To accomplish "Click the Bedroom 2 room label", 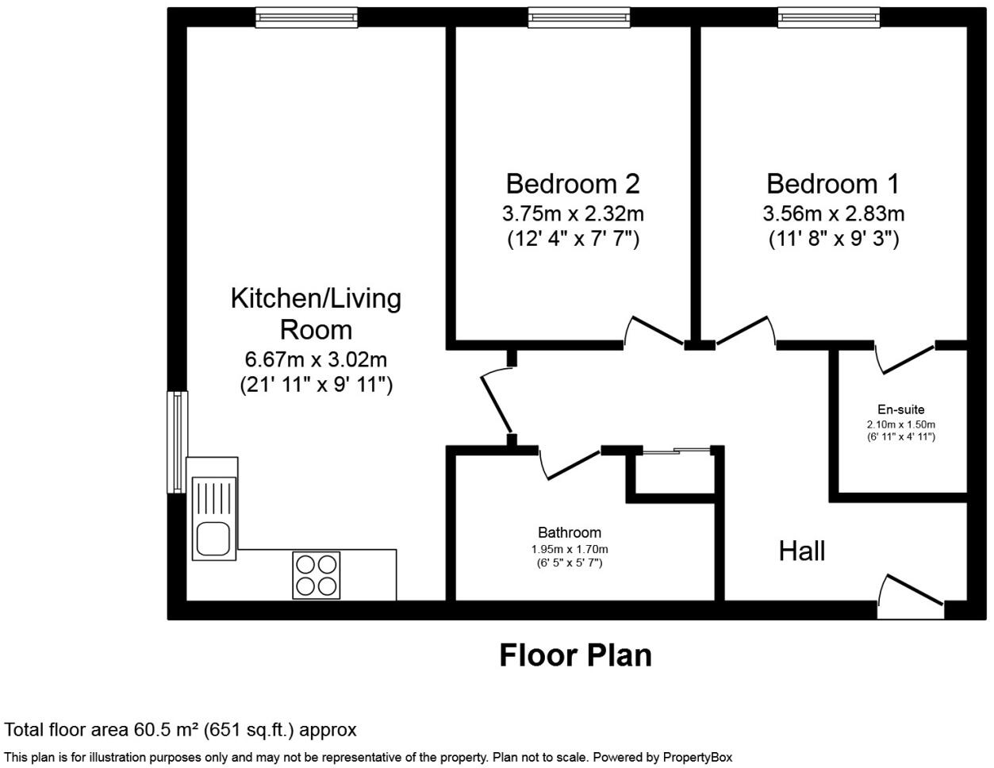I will pos(572,184).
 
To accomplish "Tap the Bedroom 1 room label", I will pos(832,184).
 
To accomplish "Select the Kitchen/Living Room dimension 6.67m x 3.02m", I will pos(316,360).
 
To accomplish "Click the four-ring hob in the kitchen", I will pos(316,574).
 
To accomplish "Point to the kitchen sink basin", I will pos(213,539).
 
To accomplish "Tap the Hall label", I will pos(801,551).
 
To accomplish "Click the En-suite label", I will pos(900,409).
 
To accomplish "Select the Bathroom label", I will pos(569,532).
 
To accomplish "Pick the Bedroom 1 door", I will pos(744,332).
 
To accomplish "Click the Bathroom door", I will pos(570,464).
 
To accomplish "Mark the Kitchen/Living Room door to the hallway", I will pos(497,401).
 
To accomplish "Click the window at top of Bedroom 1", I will pos(828,17).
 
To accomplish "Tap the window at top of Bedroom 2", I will pos(579,17).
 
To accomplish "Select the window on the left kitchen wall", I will pos(177,441).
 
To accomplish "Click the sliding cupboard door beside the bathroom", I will pos(676,451).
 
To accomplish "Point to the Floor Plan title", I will pos(575,655).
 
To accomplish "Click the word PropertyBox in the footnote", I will pos(697,758).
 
